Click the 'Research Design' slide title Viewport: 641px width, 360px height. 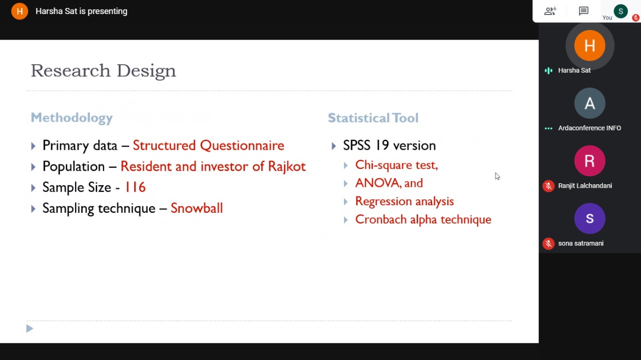point(103,71)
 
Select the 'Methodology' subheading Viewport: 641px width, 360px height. point(72,118)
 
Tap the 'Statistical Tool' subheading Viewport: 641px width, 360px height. point(373,118)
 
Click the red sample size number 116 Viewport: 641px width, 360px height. point(135,187)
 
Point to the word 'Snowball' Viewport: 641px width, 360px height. point(197,208)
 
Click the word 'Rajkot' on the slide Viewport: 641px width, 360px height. point(287,167)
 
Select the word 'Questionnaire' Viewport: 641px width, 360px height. point(242,145)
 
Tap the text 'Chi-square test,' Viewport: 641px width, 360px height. point(397,165)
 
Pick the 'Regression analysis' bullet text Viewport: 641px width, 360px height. point(404,201)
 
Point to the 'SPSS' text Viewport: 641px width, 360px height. point(357,145)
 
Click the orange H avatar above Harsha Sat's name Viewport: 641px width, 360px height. point(589,46)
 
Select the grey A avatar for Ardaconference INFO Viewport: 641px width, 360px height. point(589,103)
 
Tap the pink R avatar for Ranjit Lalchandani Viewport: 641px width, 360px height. point(589,161)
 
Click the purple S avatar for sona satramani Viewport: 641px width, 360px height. point(589,219)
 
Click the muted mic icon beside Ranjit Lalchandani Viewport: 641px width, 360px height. point(548,186)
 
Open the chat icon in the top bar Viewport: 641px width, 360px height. point(583,11)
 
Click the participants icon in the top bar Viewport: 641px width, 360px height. point(550,11)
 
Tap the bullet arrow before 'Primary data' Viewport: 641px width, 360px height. point(33,146)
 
